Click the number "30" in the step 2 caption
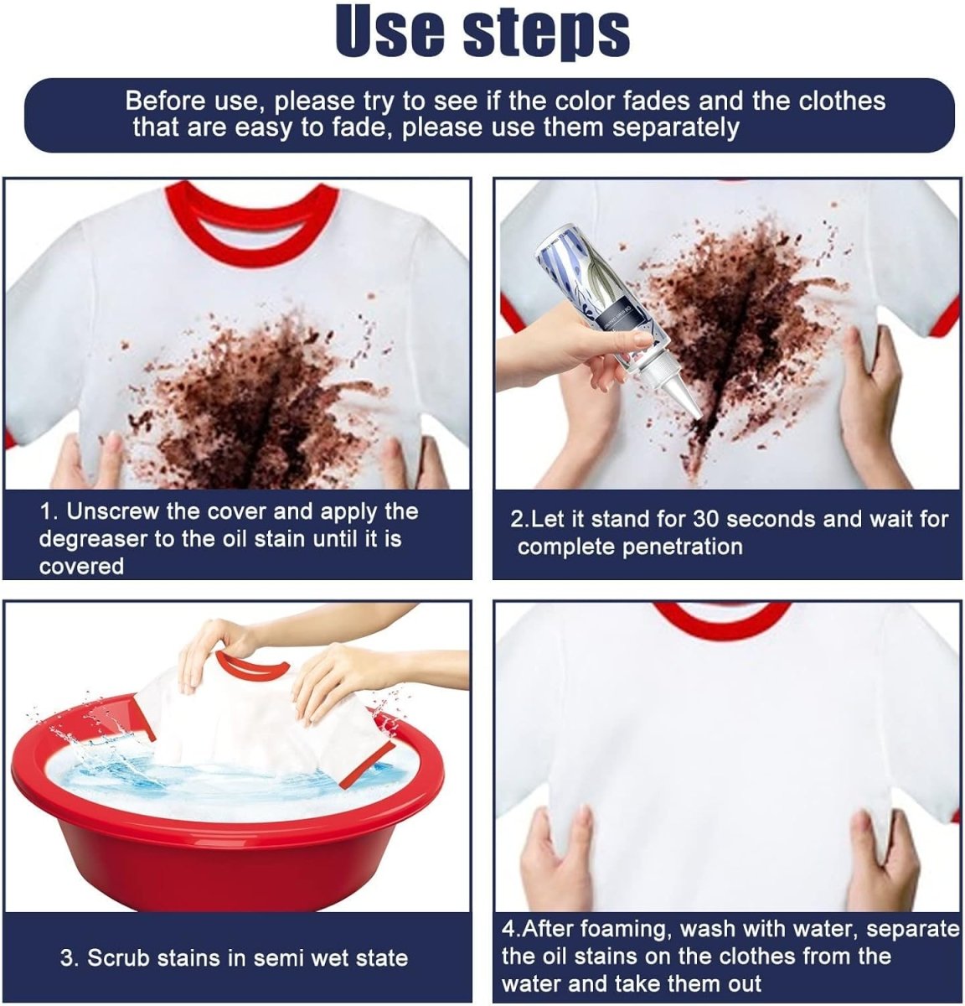point(706,520)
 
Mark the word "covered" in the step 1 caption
point(81,567)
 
